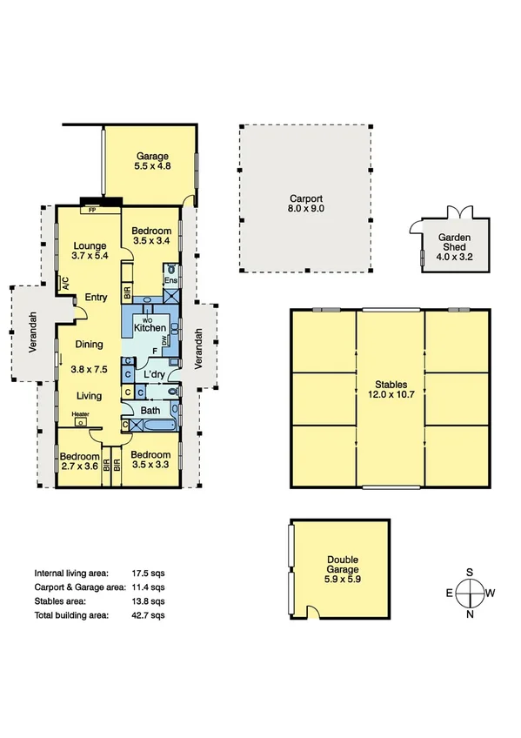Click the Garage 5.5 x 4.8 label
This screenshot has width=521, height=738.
(151, 161)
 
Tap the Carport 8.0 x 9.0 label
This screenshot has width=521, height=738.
(305, 204)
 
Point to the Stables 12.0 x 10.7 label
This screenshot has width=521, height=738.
(390, 388)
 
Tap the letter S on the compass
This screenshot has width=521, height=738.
(470, 572)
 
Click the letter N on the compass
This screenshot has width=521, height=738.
(470, 615)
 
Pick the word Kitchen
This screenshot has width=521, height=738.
(150, 328)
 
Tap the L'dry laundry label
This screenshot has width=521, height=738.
(156, 375)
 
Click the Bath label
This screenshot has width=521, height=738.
(150, 410)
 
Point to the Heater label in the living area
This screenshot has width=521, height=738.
(81, 414)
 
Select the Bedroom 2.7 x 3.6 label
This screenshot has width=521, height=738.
(77, 460)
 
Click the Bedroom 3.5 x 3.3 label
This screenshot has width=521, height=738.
(150, 460)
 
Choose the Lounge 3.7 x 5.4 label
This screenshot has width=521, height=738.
(90, 251)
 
